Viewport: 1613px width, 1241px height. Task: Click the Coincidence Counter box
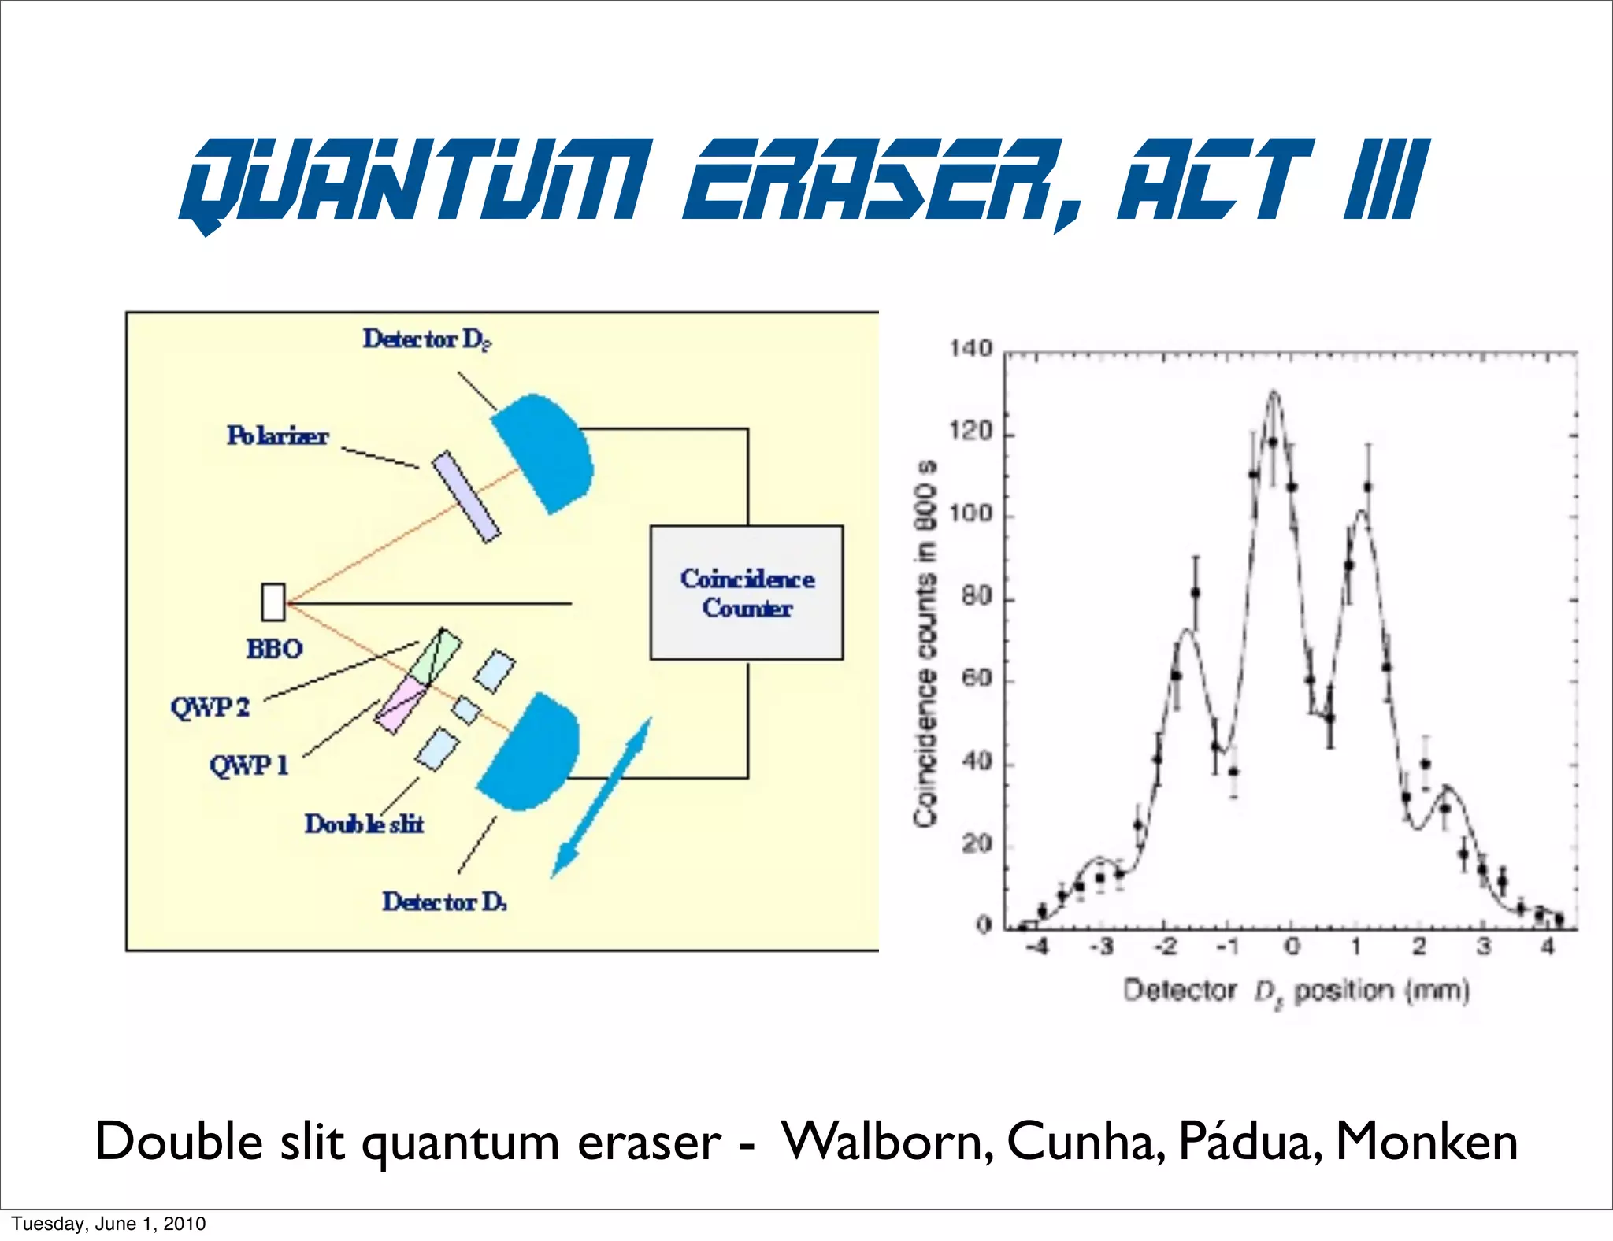[746, 592]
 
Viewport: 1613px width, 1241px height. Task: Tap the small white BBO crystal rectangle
[273, 602]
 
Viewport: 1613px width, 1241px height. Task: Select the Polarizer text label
[277, 435]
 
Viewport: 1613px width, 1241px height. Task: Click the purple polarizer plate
[466, 496]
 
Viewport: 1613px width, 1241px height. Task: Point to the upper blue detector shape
[543, 453]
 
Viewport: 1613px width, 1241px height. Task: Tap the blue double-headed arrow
[601, 797]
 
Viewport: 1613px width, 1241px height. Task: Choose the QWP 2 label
[210, 706]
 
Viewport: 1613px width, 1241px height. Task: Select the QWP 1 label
[249, 765]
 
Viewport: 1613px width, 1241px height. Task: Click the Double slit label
[364, 824]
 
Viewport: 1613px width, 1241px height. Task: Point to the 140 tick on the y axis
[970, 349]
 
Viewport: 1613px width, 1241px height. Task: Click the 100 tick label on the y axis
[970, 514]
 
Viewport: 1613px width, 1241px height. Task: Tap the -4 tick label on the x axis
[1038, 946]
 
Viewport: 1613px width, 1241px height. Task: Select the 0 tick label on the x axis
[1292, 946]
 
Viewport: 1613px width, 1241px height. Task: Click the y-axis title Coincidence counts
[926, 642]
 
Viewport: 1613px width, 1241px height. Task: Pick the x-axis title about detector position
[1296, 991]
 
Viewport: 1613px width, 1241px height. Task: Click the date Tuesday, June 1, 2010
[109, 1224]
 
